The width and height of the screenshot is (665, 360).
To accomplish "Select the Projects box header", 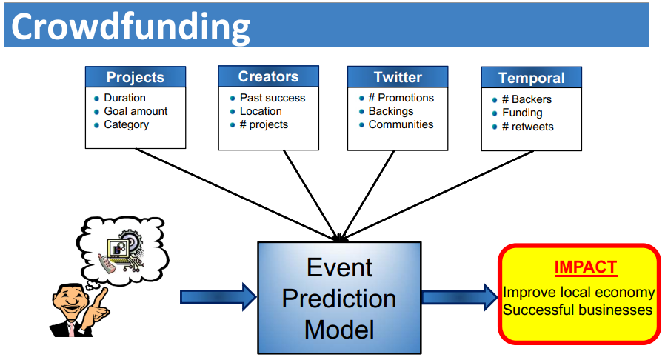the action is coord(136,77).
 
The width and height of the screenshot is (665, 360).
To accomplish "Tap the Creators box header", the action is coord(269,76).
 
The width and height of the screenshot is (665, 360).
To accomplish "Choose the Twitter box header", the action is coord(398,77).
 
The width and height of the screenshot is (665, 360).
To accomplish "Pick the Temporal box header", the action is coord(532,78).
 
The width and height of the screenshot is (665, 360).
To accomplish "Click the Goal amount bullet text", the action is coord(136,111).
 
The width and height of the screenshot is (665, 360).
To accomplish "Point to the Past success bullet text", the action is coord(273,98).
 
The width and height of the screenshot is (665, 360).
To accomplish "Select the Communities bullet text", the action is coord(401,124).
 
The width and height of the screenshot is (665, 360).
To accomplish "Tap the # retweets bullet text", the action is coord(527,127).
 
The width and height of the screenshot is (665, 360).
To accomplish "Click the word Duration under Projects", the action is coord(124,98).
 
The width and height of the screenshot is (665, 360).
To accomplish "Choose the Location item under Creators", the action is coord(261,111).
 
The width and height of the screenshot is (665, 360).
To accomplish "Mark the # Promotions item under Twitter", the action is coord(401,98).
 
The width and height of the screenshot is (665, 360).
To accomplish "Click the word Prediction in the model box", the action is coord(339,299).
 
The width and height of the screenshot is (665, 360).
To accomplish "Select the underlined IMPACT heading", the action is coord(586,267).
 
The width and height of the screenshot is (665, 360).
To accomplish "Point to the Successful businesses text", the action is coord(578,310).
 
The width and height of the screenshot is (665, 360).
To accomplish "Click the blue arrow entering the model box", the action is coord(218,297).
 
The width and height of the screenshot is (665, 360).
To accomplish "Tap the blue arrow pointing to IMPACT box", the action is coord(460,297).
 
